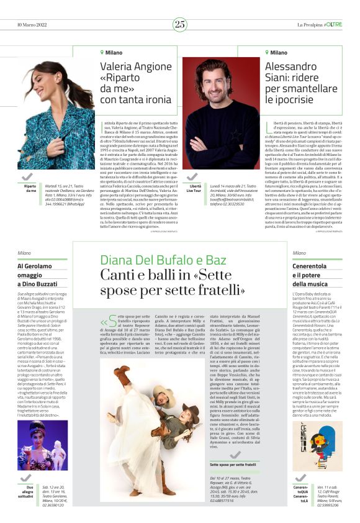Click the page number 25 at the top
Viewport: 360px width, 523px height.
pyautogui.click(x=180, y=24)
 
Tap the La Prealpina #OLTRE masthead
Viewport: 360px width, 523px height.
pyautogui.click(x=319, y=24)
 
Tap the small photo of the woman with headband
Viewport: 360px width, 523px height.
pyautogui.click(x=34, y=445)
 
